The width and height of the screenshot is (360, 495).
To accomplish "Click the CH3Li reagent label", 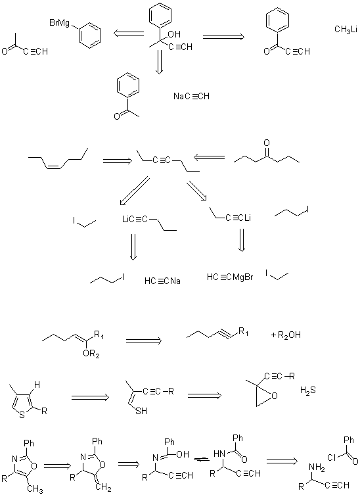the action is (x=346, y=30).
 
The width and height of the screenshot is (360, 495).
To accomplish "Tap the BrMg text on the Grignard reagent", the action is (x=59, y=23).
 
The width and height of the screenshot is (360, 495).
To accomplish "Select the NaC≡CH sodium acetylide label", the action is (x=192, y=96).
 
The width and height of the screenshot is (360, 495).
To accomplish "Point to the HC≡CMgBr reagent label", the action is (x=230, y=277).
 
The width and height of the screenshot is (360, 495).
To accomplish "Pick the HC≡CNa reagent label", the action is (x=162, y=281).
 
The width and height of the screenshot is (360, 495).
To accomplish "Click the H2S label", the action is (x=308, y=391).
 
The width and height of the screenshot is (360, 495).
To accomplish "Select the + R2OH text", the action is (x=286, y=335).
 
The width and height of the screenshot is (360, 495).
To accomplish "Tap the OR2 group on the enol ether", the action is (x=91, y=354).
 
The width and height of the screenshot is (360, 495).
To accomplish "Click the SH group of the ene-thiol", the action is (x=141, y=411).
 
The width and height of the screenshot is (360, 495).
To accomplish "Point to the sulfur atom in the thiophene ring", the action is (x=22, y=415).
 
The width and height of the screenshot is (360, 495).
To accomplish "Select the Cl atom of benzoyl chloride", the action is (x=331, y=458).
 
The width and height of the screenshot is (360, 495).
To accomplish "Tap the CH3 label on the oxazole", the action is (x=35, y=489).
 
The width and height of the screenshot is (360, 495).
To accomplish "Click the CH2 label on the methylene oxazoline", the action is (x=103, y=488).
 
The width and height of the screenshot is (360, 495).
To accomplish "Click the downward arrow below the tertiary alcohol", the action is (x=160, y=62).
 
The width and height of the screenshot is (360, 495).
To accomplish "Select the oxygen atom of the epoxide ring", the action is (x=274, y=395).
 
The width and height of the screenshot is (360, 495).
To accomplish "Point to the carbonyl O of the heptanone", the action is (x=267, y=143).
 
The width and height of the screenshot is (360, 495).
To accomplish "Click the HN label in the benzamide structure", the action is (x=219, y=454).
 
